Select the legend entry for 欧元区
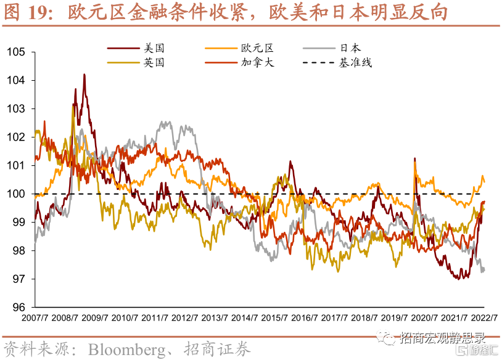(x=257, y=47)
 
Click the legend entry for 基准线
(x=356, y=62)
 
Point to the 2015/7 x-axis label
(x=275, y=318)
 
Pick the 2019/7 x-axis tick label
(x=395, y=318)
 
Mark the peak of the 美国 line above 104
(x=84, y=75)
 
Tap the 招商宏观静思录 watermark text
(x=442, y=338)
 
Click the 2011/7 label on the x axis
(x=155, y=318)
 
